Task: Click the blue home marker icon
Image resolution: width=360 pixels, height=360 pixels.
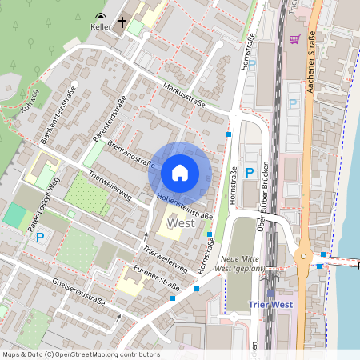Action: (180, 172)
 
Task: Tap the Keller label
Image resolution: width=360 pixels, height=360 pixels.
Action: (101, 26)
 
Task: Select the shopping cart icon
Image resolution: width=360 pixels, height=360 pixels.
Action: (294, 38)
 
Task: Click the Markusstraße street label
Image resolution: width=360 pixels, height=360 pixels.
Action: (185, 94)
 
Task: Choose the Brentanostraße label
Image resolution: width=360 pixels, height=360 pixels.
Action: (130, 149)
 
